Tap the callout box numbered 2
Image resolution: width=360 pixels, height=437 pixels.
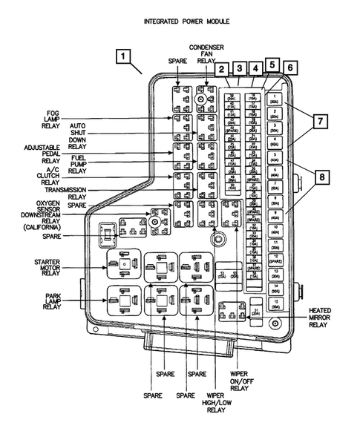[222, 70]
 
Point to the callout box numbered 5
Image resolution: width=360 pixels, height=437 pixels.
[272, 65]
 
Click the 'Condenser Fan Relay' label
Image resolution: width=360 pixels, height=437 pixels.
[206, 53]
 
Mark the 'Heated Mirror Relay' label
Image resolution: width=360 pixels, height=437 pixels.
[320, 317]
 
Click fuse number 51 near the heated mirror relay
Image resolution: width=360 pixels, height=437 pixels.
[256, 312]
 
